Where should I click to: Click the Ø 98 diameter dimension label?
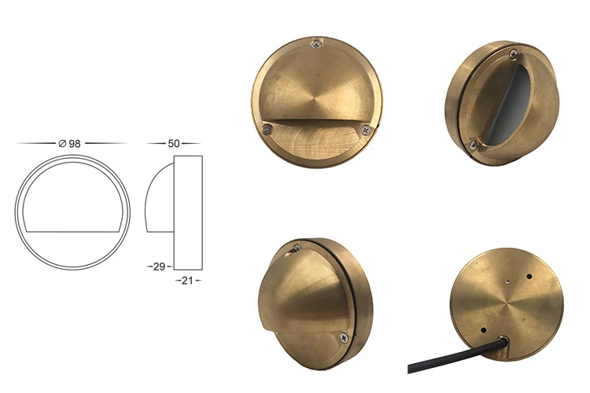tap(69, 143)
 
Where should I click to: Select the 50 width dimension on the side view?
tap(173, 143)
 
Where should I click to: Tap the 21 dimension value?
tap(186, 280)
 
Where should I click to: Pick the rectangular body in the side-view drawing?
tap(188, 212)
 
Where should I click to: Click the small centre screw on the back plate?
tap(509, 276)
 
